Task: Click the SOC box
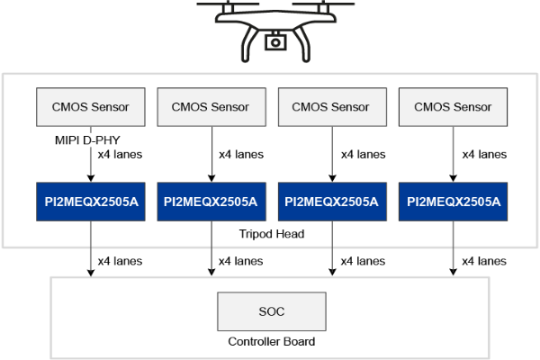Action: coord(271,311)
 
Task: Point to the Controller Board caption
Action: coord(271,342)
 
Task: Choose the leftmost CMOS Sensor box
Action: coord(90,107)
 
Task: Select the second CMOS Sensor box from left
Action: coord(211,107)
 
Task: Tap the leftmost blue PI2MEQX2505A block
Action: coord(90,202)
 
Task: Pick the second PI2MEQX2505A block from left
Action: coord(211,202)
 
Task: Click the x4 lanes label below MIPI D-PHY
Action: coord(120,154)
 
